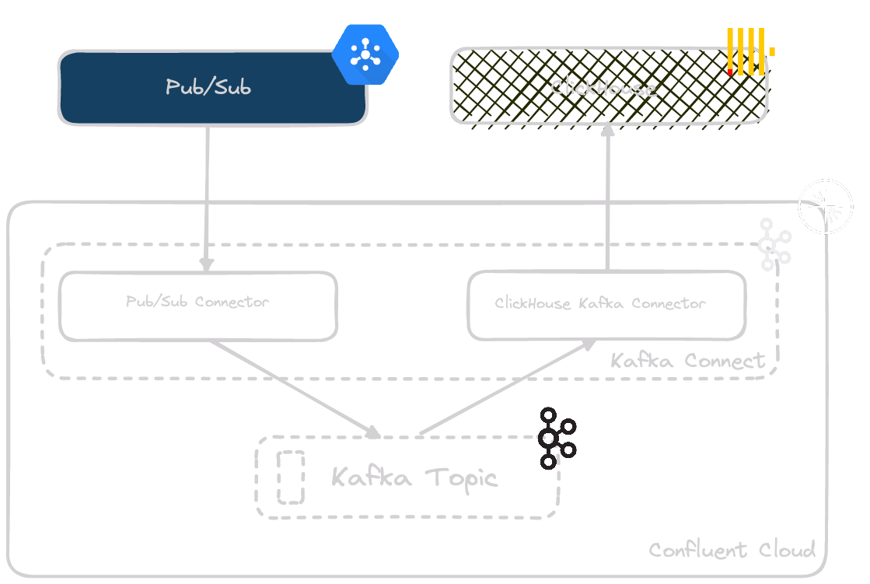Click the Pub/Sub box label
click(x=208, y=86)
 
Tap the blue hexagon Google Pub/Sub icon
click(x=365, y=54)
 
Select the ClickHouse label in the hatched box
click(x=603, y=87)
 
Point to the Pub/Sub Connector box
click(x=198, y=305)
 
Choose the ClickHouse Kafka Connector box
click(x=606, y=305)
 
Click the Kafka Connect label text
click(x=688, y=361)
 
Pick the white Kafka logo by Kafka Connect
click(x=774, y=244)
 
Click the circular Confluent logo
click(x=826, y=206)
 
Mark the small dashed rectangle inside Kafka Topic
click(x=291, y=477)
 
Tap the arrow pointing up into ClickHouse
click(x=607, y=198)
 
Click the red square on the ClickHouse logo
click(x=729, y=72)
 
